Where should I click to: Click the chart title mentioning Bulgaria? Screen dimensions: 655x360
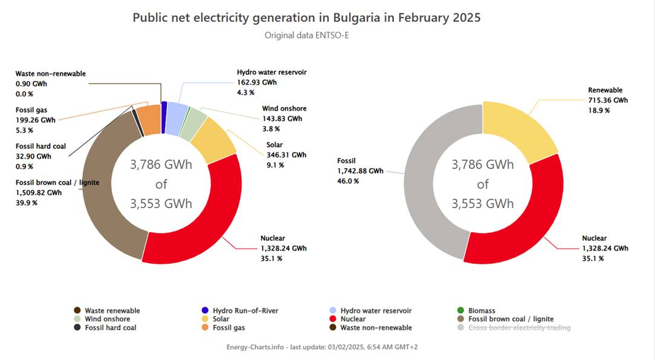(x=307, y=18)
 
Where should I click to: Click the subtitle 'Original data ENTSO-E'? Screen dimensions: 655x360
(x=307, y=36)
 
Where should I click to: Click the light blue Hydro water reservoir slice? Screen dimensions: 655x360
(x=176, y=119)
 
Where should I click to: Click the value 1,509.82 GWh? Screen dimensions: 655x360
(x=39, y=193)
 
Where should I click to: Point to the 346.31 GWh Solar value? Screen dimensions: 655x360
(x=286, y=155)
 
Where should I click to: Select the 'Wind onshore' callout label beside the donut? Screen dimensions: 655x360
(x=284, y=109)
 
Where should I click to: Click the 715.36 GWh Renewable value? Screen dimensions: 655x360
(x=608, y=100)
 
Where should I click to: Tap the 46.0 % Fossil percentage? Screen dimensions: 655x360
(x=348, y=181)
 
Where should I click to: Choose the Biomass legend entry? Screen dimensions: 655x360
(x=476, y=310)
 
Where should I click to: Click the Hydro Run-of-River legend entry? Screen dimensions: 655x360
(x=240, y=310)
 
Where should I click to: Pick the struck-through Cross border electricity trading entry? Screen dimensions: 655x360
(x=514, y=328)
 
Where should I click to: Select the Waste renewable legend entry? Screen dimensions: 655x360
(x=107, y=310)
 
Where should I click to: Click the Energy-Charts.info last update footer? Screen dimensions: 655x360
(x=322, y=347)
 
